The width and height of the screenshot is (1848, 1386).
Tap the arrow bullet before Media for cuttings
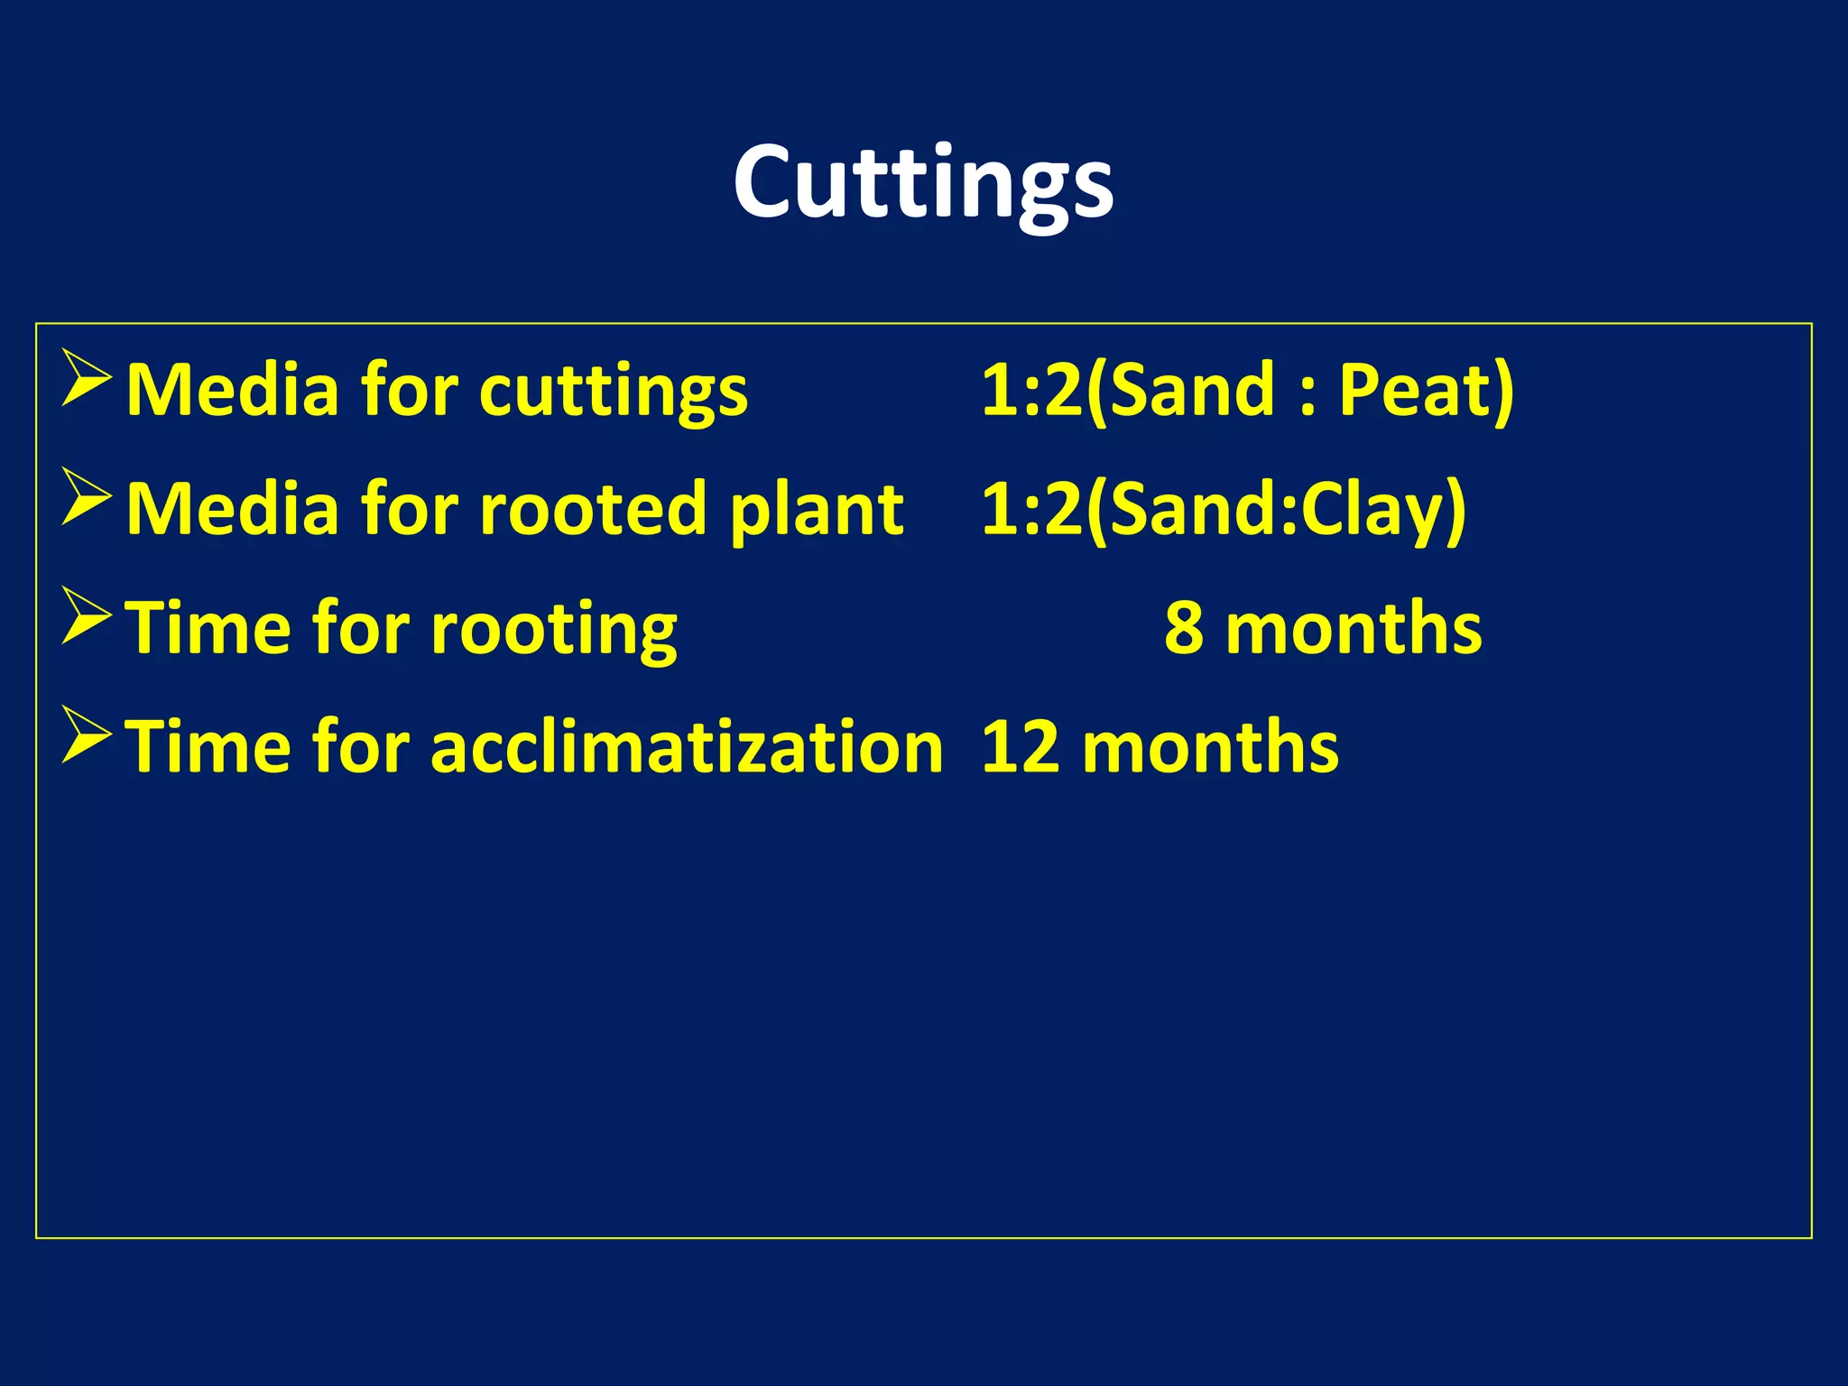(x=87, y=378)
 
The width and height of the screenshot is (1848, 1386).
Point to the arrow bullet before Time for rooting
(x=87, y=616)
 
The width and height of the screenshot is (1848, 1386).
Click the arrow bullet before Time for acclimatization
(x=87, y=735)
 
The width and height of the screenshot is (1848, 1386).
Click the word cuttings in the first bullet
(x=614, y=393)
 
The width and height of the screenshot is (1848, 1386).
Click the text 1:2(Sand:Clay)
(x=1224, y=511)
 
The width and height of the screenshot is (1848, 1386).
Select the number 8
(x=1183, y=629)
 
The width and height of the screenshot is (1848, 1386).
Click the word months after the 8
(x=1354, y=629)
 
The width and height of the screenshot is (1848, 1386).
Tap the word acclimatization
(x=687, y=748)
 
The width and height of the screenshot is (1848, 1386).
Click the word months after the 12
(x=1210, y=748)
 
